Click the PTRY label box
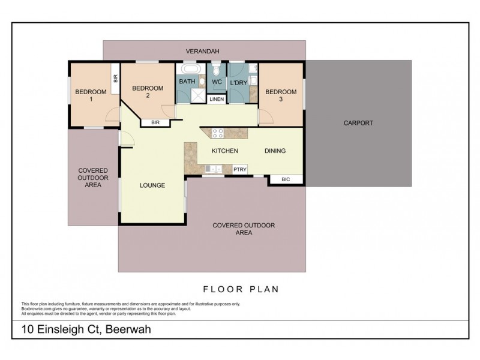click(239, 170)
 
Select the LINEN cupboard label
click(216, 99)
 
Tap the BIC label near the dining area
click(286, 179)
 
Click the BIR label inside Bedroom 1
click(115, 78)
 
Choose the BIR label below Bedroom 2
click(155, 123)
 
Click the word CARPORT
click(358, 123)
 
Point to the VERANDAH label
click(205, 52)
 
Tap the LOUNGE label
click(153, 185)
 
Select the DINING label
click(275, 151)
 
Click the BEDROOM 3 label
click(281, 95)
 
